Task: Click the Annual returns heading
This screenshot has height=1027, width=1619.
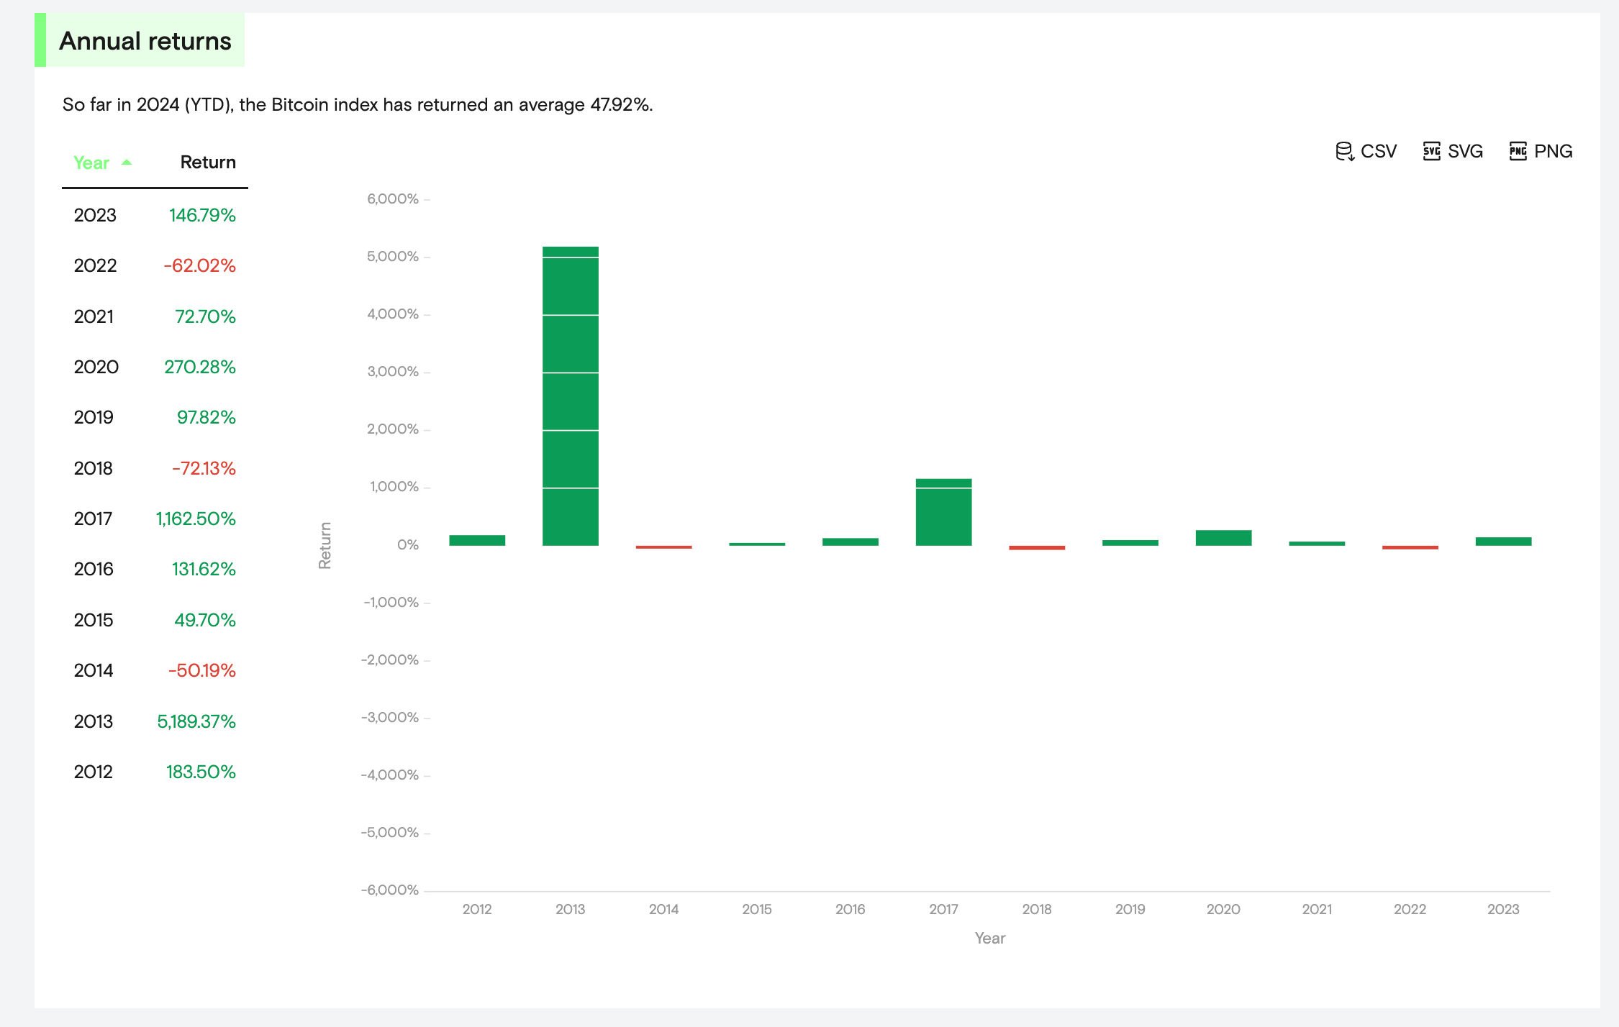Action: tap(145, 41)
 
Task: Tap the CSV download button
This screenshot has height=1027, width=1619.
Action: tap(1366, 151)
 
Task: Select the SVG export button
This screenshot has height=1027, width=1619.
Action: tap(1453, 151)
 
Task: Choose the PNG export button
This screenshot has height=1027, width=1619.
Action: tap(1541, 151)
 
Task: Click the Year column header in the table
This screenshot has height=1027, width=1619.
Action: tap(92, 163)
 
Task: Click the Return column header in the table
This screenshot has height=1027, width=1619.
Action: tap(207, 163)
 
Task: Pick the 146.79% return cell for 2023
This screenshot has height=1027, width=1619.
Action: tap(202, 215)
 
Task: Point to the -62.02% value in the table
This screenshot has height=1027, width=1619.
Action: tap(199, 265)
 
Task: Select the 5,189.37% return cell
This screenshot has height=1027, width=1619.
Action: tap(196, 721)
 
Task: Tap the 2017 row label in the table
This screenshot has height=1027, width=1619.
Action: tap(93, 519)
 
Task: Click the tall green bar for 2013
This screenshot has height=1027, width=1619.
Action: tap(570, 396)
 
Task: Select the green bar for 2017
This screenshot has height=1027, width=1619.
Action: tap(943, 512)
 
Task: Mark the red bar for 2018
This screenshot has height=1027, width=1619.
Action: tap(1036, 548)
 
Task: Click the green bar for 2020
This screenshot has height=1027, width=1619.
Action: tap(1223, 538)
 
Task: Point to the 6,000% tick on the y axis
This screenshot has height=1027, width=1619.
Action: tap(393, 198)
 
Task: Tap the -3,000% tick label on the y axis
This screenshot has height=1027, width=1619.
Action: tap(390, 717)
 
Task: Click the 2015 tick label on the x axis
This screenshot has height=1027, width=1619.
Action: tap(757, 909)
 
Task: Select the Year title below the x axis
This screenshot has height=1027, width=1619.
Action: tap(989, 938)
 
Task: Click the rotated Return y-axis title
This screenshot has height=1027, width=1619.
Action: tap(325, 545)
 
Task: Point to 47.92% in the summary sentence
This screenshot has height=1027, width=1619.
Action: tap(620, 105)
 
